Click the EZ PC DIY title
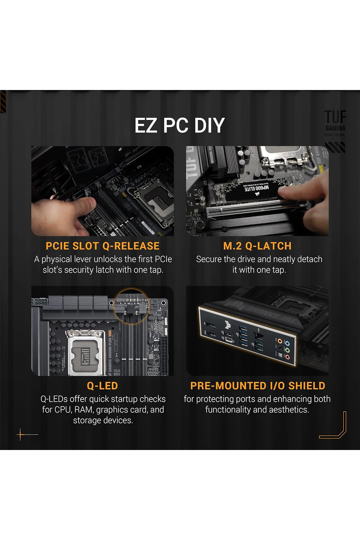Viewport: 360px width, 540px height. [x=180, y=126]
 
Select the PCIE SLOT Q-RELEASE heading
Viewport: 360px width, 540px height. [x=103, y=246]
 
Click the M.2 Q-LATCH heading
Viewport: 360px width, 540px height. [x=257, y=246]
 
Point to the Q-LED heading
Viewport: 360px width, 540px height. [x=103, y=386]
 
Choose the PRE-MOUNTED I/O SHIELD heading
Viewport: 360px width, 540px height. [x=258, y=386]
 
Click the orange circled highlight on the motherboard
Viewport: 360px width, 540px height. [x=131, y=306]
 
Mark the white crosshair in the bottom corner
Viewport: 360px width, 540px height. [x=21, y=435]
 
